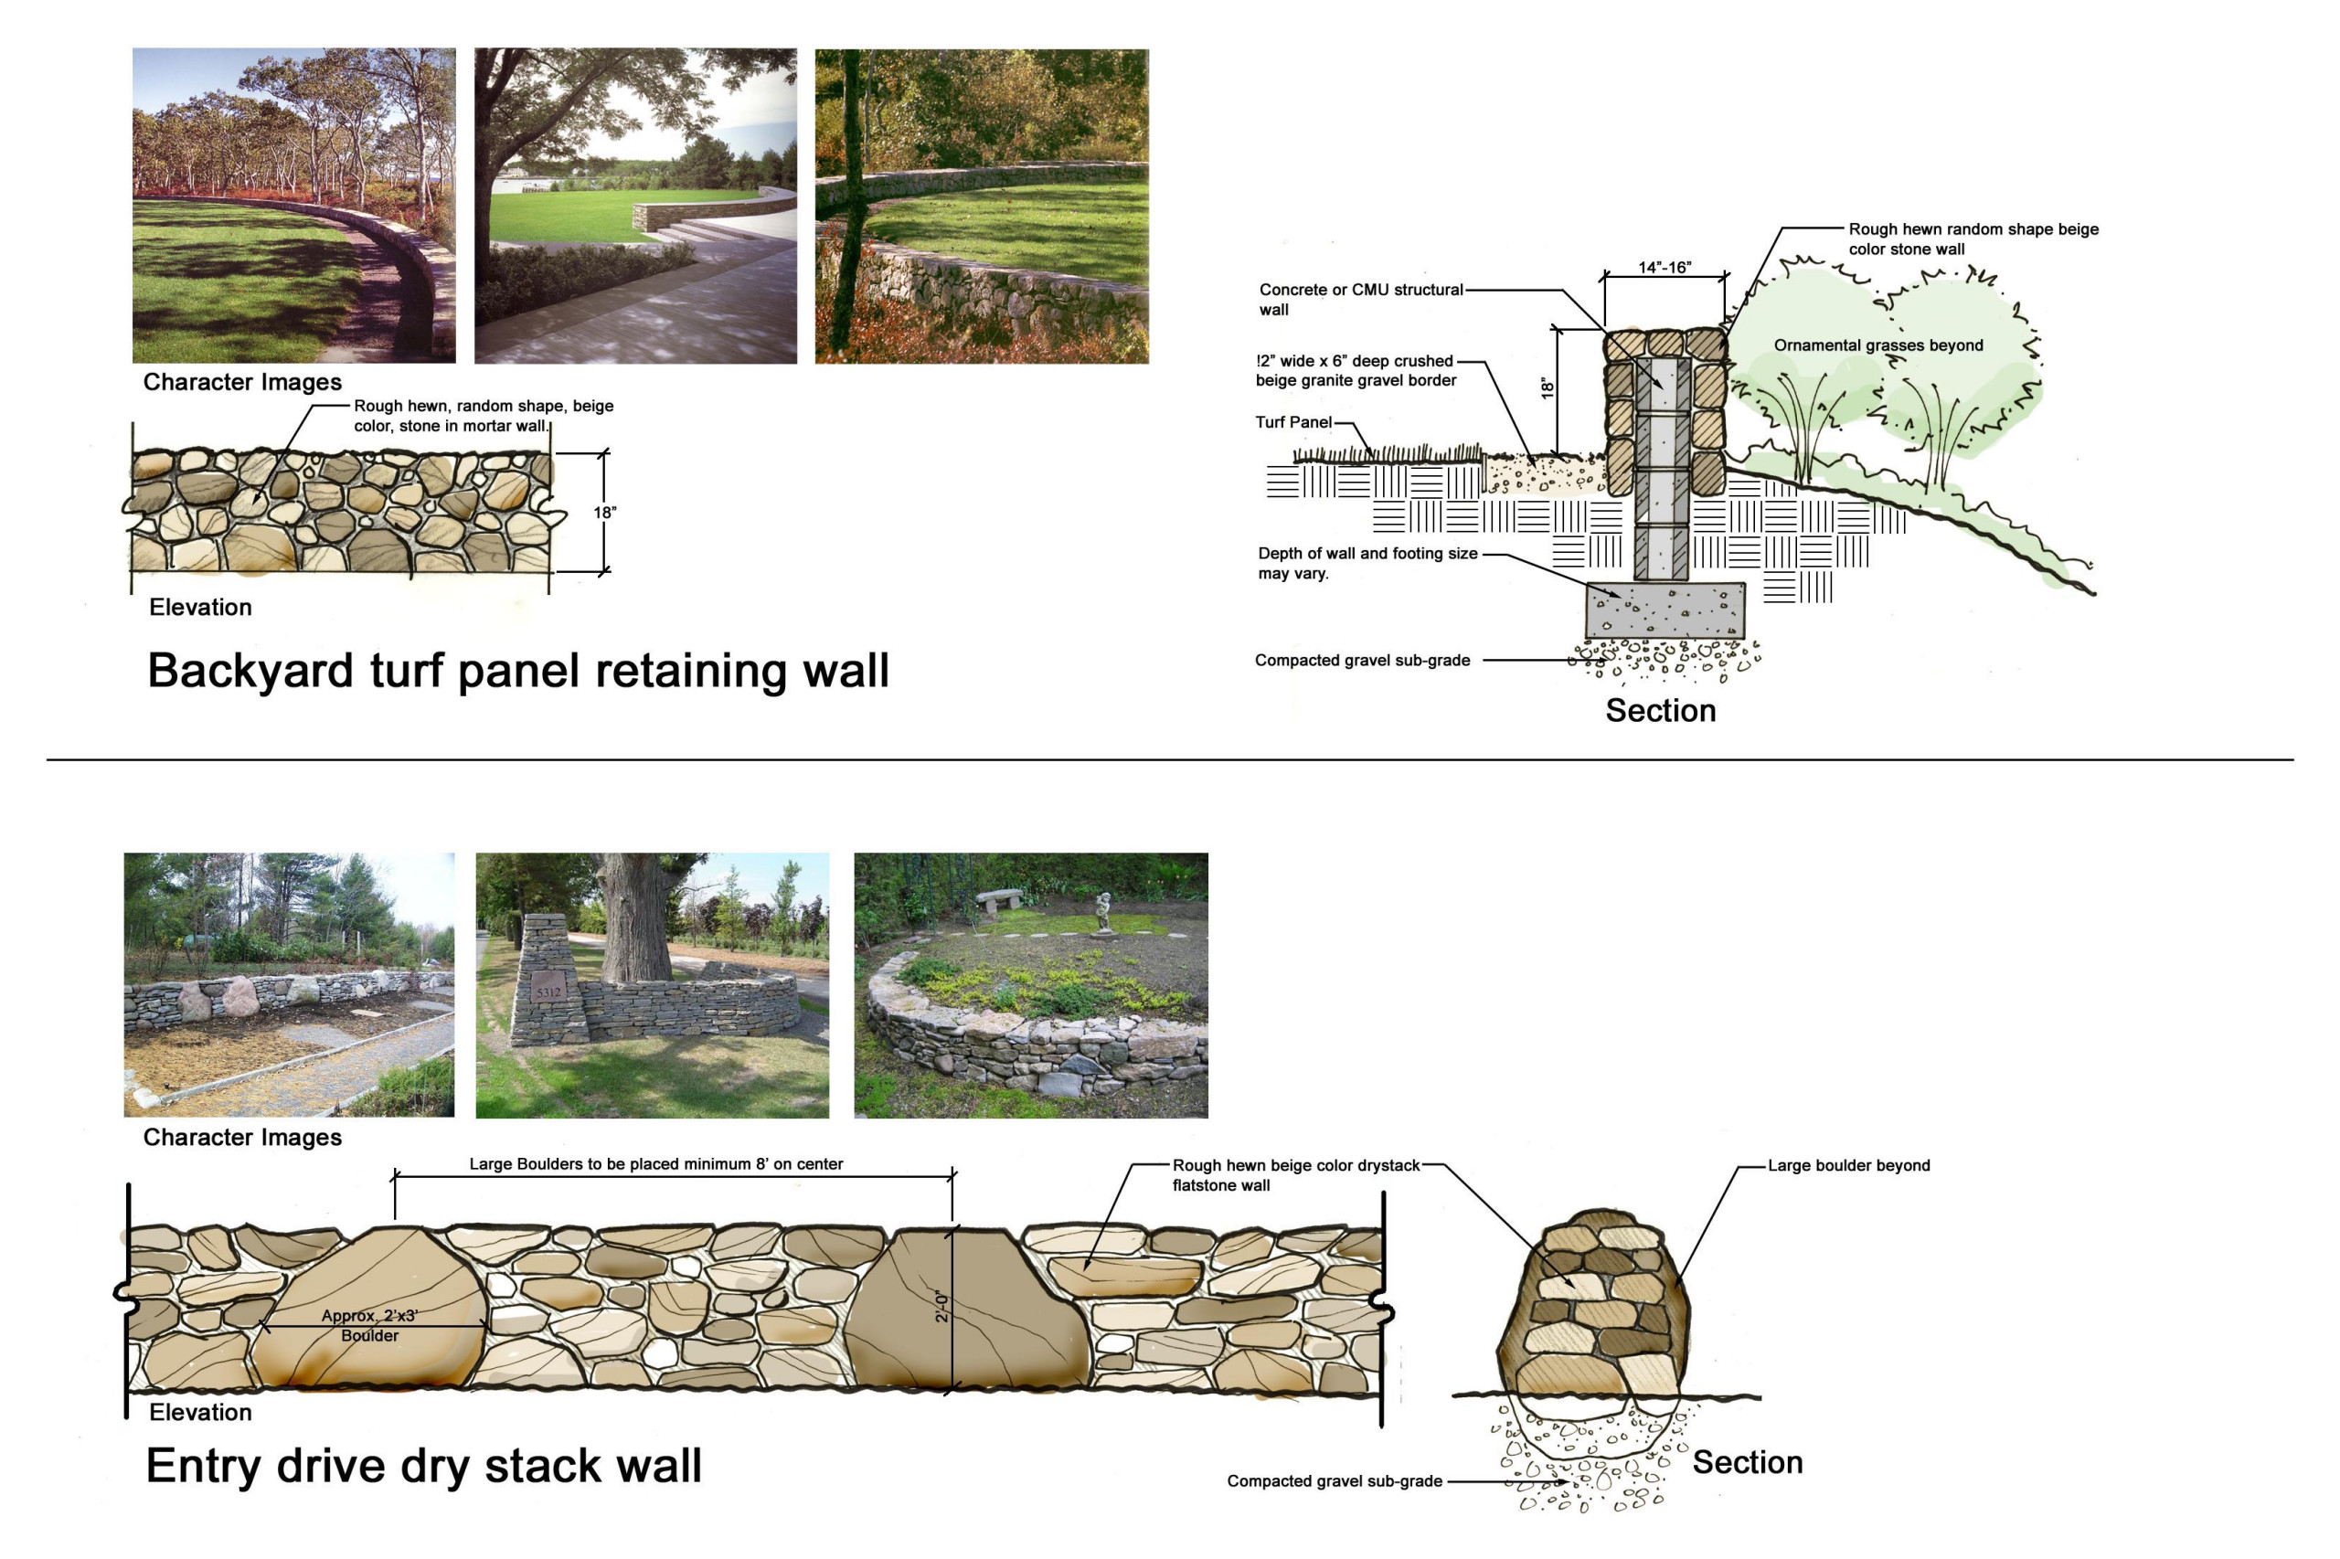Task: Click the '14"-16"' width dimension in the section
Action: [x=1664, y=268]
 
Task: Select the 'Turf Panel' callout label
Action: [x=1292, y=422]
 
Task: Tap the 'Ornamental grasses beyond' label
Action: [x=1877, y=345]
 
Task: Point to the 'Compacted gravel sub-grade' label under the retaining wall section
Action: [x=1361, y=660]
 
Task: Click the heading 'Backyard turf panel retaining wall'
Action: [x=517, y=671]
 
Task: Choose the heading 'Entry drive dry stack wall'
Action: [x=423, y=1466]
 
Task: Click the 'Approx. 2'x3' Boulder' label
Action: [x=369, y=1325]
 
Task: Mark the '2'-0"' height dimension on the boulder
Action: [x=942, y=1307]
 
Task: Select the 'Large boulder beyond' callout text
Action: [x=1847, y=1165]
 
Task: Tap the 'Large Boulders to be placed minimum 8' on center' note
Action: [x=655, y=1164]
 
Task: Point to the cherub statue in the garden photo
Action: [x=1101, y=913]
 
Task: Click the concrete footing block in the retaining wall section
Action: [x=1664, y=610]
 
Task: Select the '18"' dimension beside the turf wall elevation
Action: [x=604, y=513]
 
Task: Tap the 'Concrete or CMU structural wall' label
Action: [x=1360, y=299]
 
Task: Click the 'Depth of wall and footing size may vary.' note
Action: [x=1367, y=563]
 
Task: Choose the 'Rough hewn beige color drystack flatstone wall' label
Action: [x=1295, y=1175]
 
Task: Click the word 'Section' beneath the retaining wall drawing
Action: [x=1660, y=711]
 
